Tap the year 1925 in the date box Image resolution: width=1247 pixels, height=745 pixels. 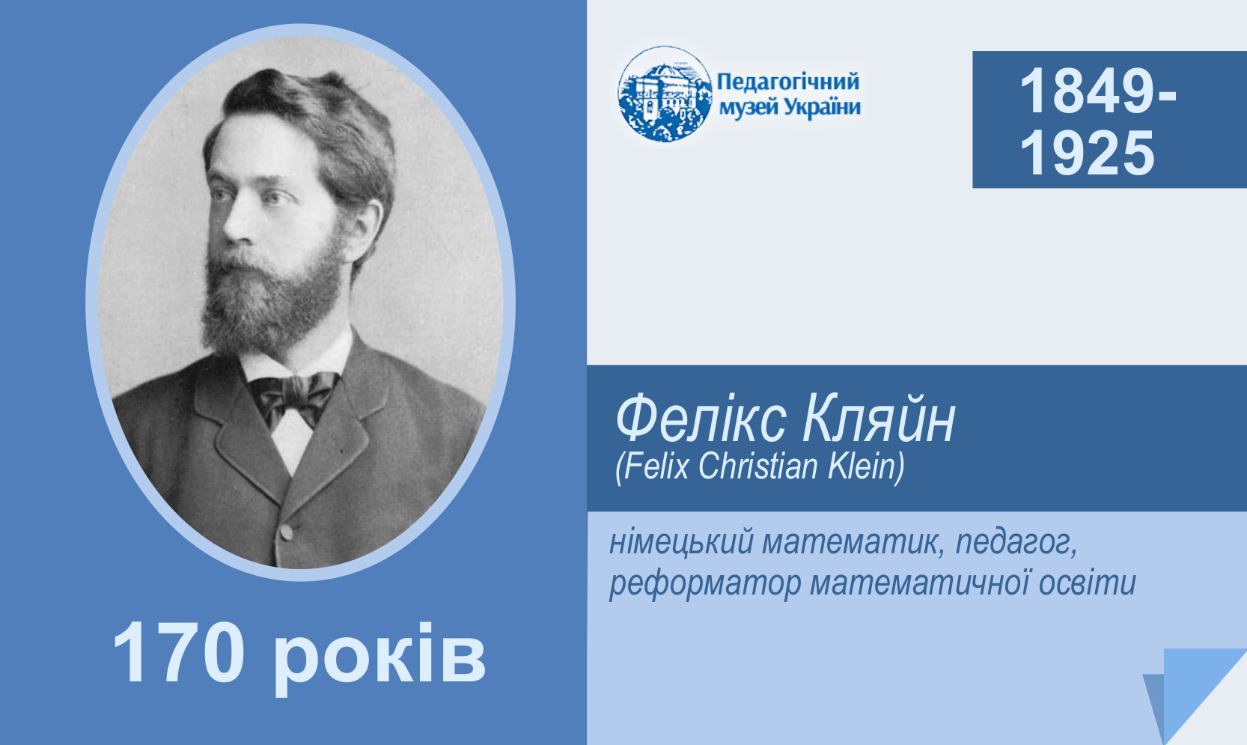[1087, 153]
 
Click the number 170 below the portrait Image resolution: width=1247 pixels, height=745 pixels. [179, 653]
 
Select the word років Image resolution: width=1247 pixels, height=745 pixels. [379, 657]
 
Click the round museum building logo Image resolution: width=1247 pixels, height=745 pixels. [665, 94]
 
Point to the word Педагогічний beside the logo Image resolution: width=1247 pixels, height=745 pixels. [788, 82]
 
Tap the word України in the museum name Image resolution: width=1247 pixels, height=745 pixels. [824, 106]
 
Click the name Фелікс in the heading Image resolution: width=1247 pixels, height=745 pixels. [701, 419]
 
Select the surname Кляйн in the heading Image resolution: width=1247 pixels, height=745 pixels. [879, 418]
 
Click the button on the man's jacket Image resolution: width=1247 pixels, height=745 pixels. [286, 532]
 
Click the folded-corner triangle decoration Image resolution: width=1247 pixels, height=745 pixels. [1197, 696]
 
